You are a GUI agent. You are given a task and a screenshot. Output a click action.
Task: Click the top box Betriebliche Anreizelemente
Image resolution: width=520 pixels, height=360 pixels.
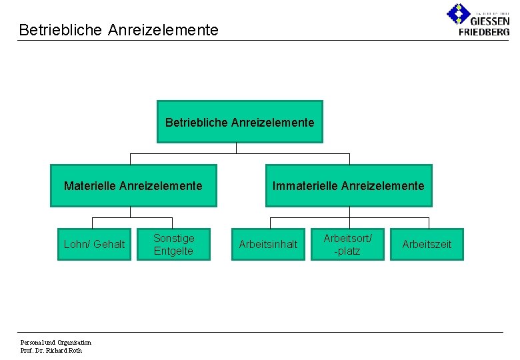239,122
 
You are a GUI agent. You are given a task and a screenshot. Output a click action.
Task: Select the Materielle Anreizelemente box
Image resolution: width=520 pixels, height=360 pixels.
133,186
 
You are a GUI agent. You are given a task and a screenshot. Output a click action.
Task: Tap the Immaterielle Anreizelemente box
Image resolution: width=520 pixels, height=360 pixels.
348,186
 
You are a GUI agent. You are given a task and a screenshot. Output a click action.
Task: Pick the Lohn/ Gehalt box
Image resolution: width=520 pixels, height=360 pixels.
94,244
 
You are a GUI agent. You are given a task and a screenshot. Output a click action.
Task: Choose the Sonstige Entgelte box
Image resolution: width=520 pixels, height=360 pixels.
173,244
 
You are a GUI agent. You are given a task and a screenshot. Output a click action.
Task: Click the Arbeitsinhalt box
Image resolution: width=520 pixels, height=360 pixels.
268,244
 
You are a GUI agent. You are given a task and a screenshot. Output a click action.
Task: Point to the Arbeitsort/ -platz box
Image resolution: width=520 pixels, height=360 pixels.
347,244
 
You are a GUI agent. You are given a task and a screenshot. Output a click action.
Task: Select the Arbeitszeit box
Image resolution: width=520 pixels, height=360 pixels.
427,244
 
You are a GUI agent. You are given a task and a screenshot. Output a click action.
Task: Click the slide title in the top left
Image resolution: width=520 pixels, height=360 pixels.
119,30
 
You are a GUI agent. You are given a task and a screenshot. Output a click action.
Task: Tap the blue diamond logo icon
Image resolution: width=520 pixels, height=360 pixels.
458,13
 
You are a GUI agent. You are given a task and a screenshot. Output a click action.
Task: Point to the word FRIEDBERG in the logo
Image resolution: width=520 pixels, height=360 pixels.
484,31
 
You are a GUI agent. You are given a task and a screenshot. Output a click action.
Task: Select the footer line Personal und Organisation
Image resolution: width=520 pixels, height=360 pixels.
56,343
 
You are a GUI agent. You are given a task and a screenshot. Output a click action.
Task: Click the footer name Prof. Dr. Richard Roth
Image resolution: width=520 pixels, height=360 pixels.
51,351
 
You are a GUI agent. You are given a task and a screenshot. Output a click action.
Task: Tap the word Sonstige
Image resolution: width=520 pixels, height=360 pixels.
173,238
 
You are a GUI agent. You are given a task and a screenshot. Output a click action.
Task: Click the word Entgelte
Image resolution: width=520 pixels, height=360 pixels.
173,251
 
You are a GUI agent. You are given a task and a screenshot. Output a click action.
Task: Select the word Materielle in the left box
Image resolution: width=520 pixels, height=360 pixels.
90,186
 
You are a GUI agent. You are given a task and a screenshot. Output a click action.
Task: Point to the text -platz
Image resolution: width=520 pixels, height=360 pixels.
347,251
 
